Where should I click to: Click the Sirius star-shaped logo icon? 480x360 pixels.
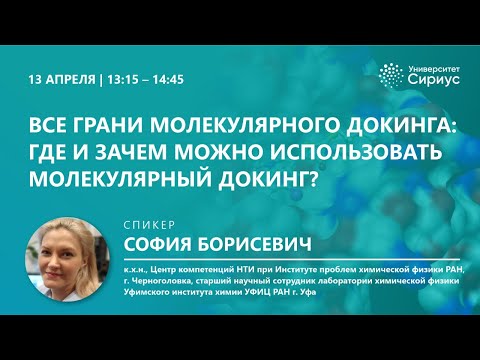[x=391, y=76]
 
